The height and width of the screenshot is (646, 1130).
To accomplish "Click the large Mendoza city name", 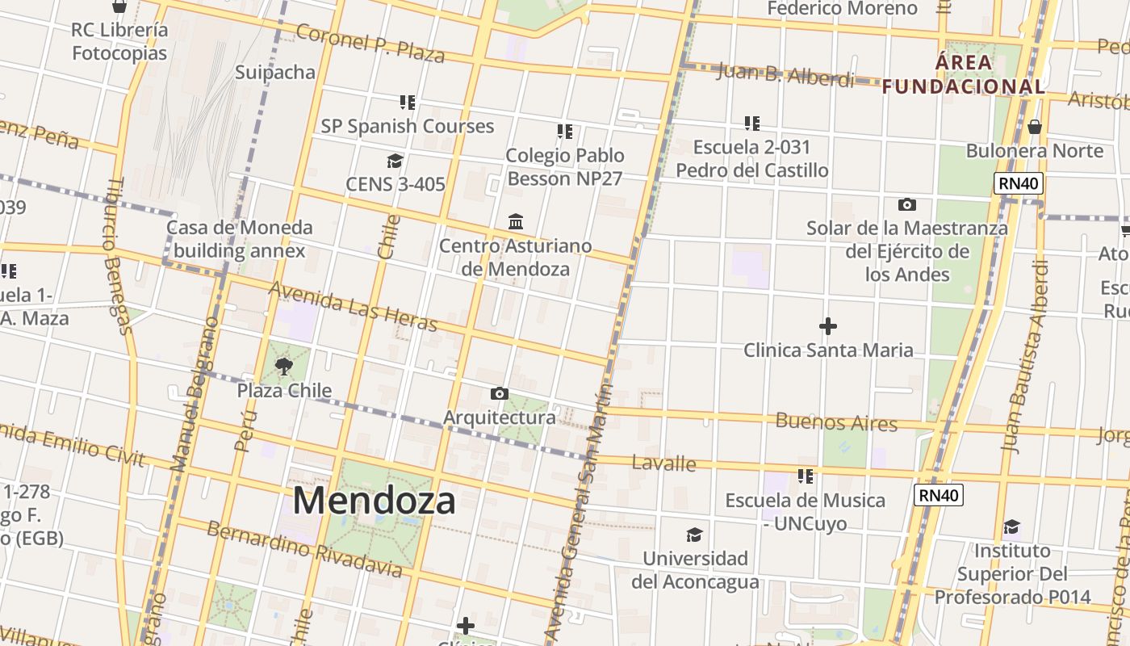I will coord(374,500).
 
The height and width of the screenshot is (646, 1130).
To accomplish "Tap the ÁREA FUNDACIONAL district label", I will coord(964,74).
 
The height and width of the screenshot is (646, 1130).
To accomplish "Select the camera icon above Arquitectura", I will coord(500,393).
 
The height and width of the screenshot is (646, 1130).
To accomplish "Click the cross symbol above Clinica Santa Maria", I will coord(828,326).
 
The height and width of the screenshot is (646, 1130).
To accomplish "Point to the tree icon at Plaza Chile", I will coord(283,367).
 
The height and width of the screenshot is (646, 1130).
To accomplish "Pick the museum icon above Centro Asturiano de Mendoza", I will coord(516,221).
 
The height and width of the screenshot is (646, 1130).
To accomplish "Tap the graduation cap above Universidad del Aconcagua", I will coord(694,535).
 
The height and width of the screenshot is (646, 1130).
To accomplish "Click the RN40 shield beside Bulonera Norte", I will coord(1019,183).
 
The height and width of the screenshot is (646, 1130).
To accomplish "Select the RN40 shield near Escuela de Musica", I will coord(939,494).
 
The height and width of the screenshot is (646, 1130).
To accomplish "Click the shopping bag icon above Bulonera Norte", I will coord(1035,127).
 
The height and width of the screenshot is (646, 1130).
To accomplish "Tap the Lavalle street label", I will coord(663,464).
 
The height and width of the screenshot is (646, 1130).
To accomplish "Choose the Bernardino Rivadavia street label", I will coord(304,549).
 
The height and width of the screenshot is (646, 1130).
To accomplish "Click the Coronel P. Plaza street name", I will coord(370,43).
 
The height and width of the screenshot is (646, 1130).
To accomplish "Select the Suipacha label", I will coord(275,72).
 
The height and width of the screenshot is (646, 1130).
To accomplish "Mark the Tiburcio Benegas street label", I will coord(115,256).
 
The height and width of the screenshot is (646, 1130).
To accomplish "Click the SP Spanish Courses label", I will coord(408,126).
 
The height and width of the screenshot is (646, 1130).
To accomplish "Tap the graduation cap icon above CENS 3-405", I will coord(395,161).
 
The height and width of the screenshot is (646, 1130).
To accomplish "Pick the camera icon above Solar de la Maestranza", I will coord(907,204).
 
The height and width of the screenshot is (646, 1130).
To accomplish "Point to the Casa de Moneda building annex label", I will coord(239,238).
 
